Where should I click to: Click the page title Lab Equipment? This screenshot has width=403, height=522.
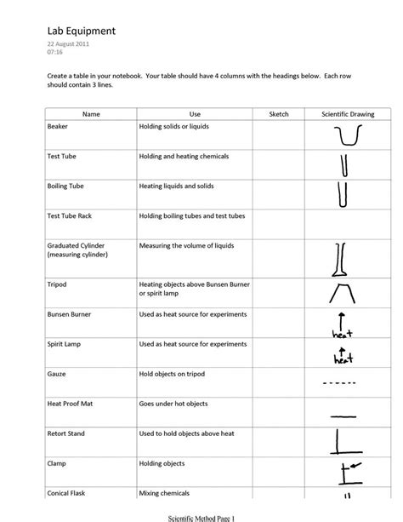point(82,32)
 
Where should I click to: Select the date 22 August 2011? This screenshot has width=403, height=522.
point(68,43)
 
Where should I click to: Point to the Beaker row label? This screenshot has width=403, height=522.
point(59,126)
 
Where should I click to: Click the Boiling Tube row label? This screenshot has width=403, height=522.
point(66,185)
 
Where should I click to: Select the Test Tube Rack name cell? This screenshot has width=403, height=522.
point(70,215)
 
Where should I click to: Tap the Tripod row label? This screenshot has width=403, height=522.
point(58,284)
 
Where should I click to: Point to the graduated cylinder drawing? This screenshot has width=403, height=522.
point(340,260)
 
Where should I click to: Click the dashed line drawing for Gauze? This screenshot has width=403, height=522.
point(343,382)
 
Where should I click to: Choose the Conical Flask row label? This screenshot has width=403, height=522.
point(67,493)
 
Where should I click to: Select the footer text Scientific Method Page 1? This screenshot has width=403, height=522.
point(201,516)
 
